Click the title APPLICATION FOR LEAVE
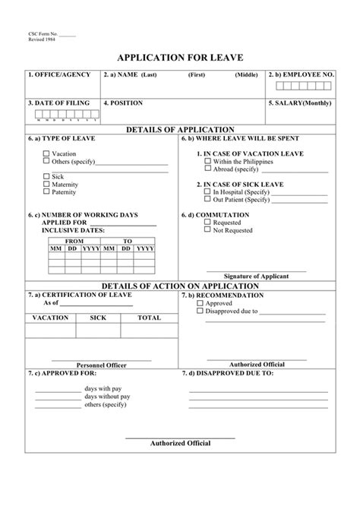pos(180,57)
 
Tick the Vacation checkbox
pos(46,153)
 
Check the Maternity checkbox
pos(46,184)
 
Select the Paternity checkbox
pos(46,191)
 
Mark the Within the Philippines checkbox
pos(207,162)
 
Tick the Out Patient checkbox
pos(207,200)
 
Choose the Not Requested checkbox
pos(207,229)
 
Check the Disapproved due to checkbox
pos(200,311)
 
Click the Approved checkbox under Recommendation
pos(200,303)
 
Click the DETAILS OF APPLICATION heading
pos(180,130)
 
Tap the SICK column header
pos(98,318)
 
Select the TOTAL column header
pos(149,318)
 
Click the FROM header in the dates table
pos(74,240)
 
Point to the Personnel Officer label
pos(101,365)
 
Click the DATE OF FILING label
pos(58,102)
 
